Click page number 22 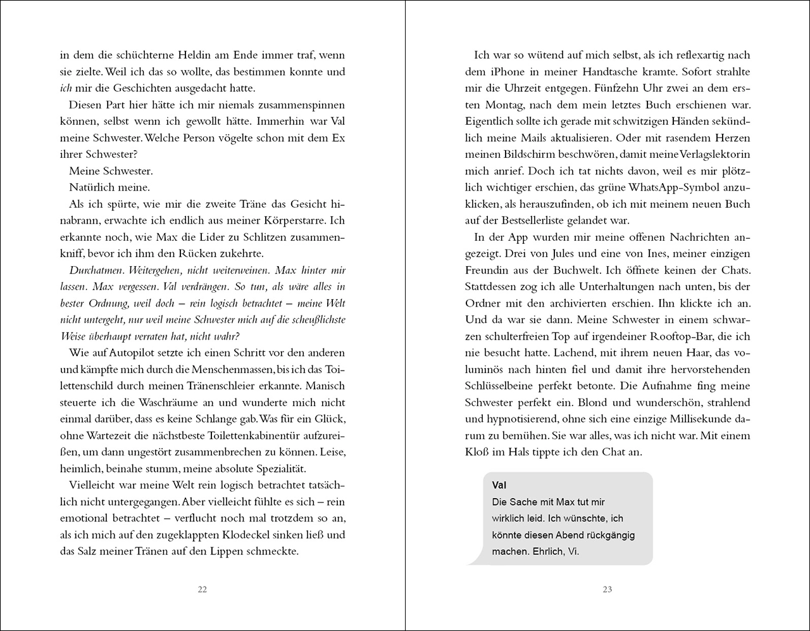pos(202,589)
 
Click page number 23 pos(607,589)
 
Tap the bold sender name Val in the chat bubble pos(499,485)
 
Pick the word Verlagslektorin pos(709,155)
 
